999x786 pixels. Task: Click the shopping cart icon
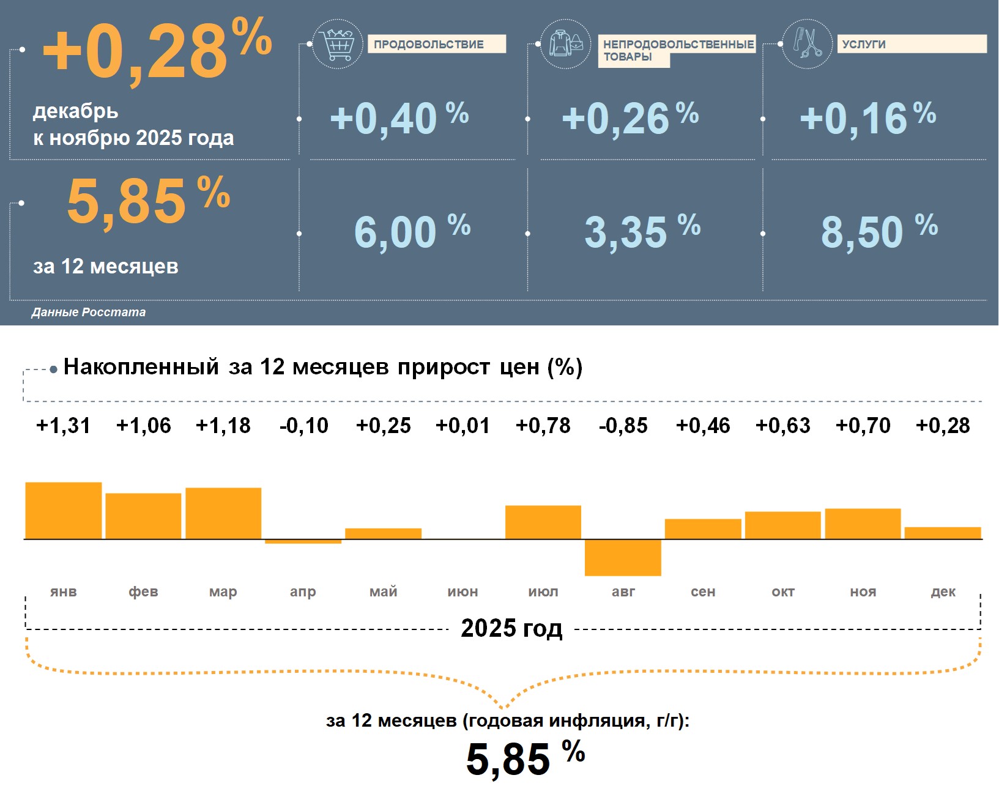tap(337, 43)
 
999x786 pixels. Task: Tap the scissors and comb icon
tap(808, 43)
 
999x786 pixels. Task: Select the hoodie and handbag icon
tap(566, 43)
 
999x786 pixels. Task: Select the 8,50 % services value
tap(878, 231)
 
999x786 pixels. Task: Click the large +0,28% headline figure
tap(156, 52)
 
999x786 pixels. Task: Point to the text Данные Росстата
tap(89, 312)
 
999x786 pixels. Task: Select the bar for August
tap(623, 557)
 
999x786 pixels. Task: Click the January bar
tap(64, 511)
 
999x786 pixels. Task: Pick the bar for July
tap(543, 522)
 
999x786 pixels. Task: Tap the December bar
tap(943, 533)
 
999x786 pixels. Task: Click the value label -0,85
tap(623, 425)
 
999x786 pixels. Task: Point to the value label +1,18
tap(223, 425)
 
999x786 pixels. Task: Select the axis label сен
tap(703, 591)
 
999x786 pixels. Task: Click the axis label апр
tap(303, 591)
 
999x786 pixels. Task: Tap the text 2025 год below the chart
tap(511, 628)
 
